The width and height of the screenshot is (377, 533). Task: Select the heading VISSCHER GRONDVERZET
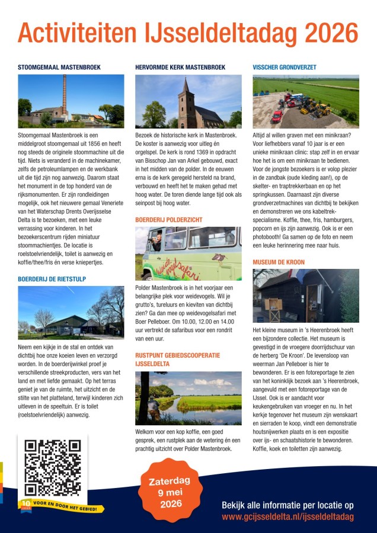(x=285, y=68)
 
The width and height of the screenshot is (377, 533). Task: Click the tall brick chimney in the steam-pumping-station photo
(x=64, y=94)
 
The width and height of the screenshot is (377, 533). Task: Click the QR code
(x=52, y=467)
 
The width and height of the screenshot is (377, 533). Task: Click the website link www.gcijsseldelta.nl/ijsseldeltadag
(x=287, y=517)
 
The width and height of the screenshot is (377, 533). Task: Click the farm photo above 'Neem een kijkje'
(x=71, y=312)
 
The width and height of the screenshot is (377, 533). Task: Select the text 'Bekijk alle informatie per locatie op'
(x=287, y=505)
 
